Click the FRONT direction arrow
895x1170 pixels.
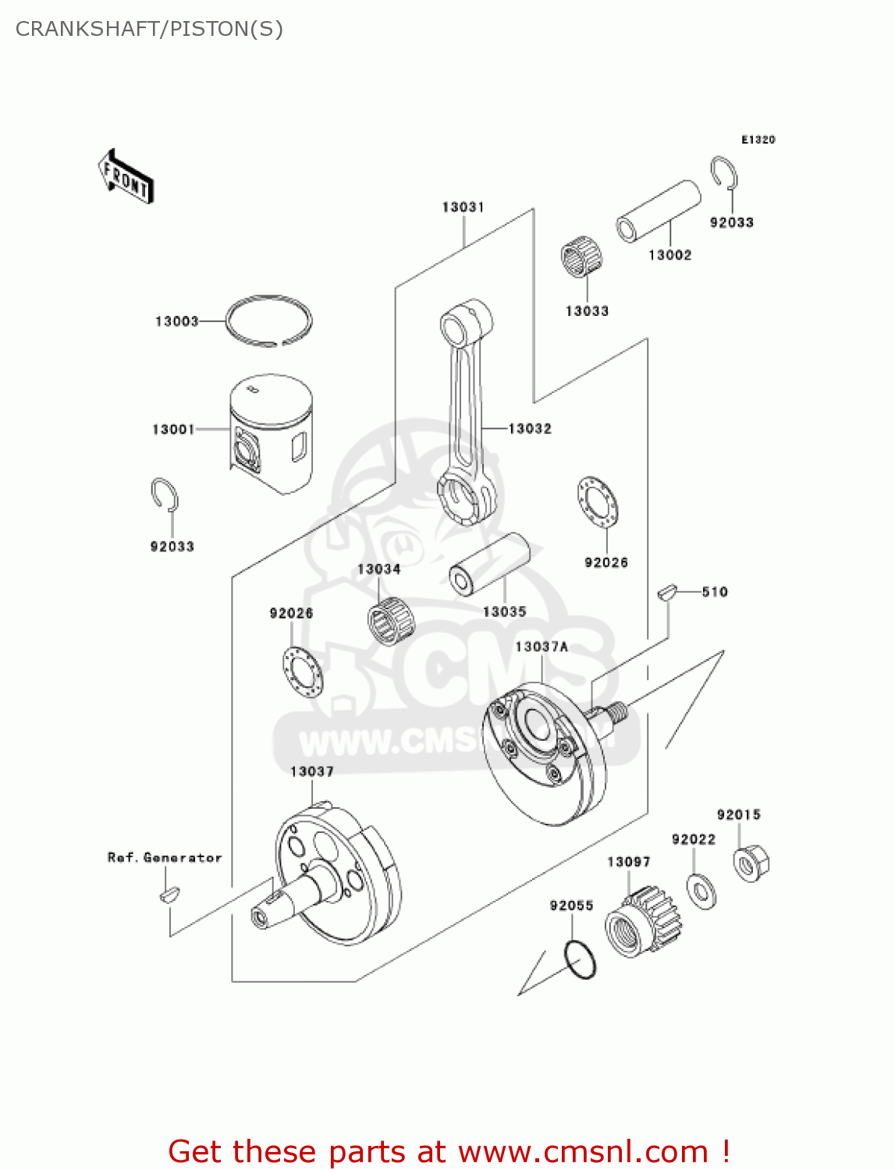tap(126, 177)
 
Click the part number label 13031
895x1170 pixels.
tap(463, 207)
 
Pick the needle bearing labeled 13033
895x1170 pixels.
tap(581, 258)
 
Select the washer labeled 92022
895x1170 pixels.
tap(701, 891)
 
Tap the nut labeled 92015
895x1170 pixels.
tap(751, 863)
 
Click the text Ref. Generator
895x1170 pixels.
tap(165, 857)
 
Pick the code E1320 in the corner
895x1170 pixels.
tap(758, 140)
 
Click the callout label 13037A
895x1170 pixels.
tap(542, 647)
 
